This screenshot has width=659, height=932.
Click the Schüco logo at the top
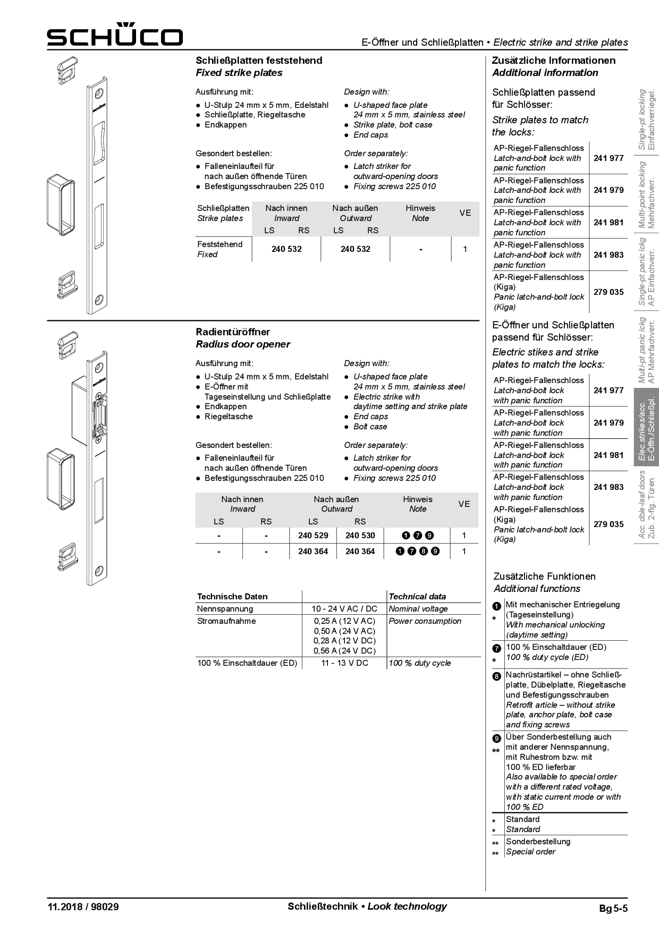114,35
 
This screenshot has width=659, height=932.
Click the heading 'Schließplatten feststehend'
259,61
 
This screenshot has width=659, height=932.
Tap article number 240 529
313,536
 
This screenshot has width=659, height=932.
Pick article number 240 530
360,536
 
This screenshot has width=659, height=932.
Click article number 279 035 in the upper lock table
609,292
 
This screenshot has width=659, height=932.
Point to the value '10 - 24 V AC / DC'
344,609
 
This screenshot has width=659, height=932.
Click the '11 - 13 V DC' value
344,663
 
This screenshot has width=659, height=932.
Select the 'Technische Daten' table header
232,597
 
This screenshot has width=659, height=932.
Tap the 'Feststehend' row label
219,244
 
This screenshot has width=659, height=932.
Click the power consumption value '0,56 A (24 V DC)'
344,651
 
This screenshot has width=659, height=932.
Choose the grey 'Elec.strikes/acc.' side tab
646,428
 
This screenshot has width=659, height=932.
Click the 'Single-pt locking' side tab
646,119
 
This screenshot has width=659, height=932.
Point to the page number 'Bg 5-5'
613,909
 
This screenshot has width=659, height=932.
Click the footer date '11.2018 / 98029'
83,907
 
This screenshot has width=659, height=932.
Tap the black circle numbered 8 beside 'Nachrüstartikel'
497,676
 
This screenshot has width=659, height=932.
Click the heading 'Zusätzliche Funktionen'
545,577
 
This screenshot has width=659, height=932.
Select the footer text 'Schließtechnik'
322,906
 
